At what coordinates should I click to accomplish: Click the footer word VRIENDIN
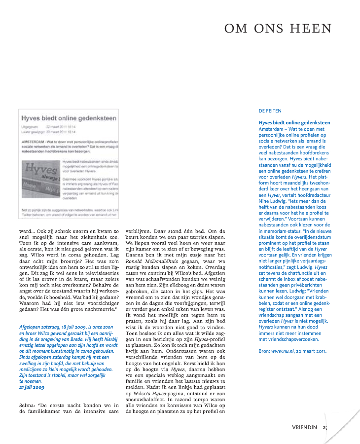304,427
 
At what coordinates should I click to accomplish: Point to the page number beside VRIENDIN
325,427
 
